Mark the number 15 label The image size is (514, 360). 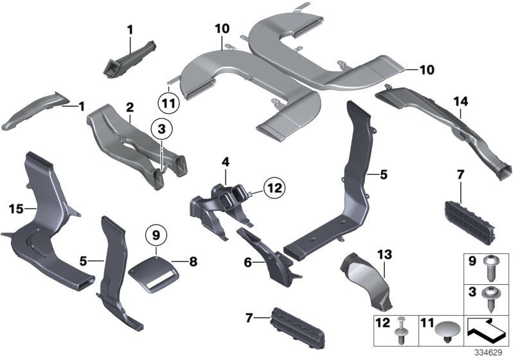[17, 208]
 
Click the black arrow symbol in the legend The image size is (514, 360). [486, 332]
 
